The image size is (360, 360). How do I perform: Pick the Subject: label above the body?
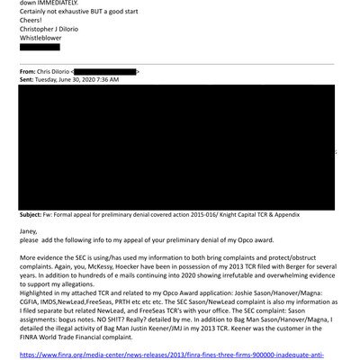[35, 217]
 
